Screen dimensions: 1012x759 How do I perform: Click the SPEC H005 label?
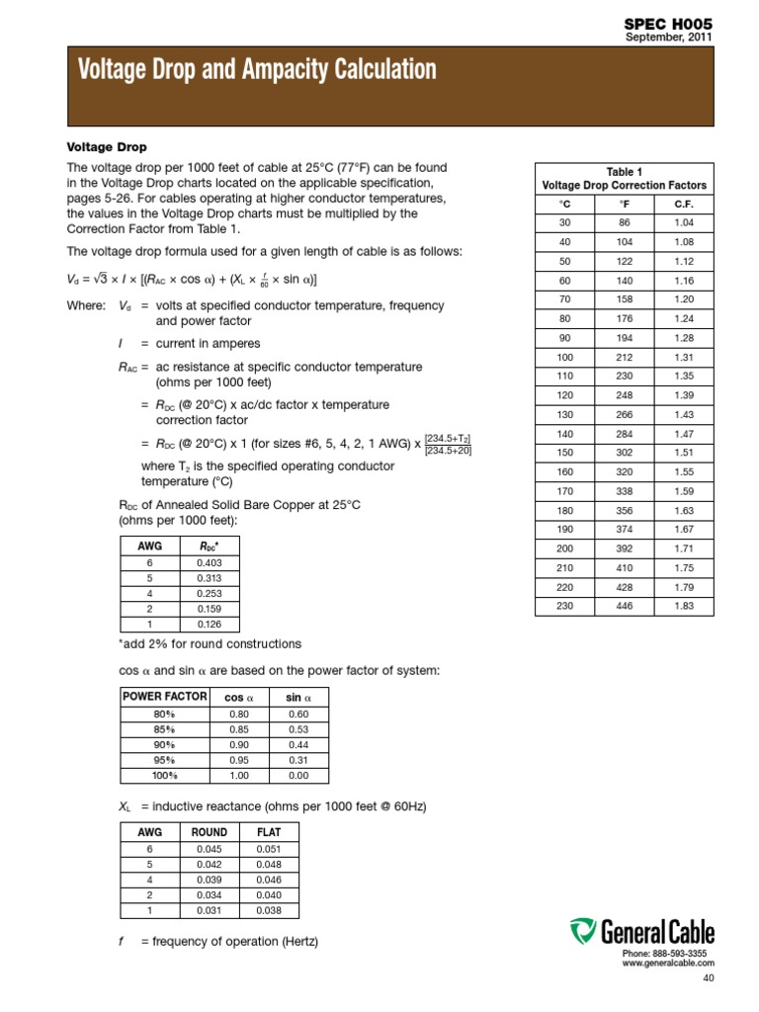point(669,23)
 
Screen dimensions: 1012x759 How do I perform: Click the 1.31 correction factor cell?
point(683,356)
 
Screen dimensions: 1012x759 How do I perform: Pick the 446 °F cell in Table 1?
point(624,606)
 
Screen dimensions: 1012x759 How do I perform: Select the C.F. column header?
point(683,204)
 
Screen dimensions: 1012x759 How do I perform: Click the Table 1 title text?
point(624,171)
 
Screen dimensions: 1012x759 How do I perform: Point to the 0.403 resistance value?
point(209,562)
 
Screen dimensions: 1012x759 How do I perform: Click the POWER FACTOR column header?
point(165,697)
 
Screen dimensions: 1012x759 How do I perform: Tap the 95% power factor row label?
point(165,760)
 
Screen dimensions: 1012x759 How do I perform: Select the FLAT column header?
point(268,832)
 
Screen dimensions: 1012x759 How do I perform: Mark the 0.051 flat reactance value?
point(268,848)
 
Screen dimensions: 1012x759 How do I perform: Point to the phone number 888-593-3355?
point(682,953)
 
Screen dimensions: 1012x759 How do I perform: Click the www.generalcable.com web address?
point(668,963)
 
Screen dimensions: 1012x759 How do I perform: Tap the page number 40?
point(707,978)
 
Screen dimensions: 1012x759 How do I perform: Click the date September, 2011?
point(669,38)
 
